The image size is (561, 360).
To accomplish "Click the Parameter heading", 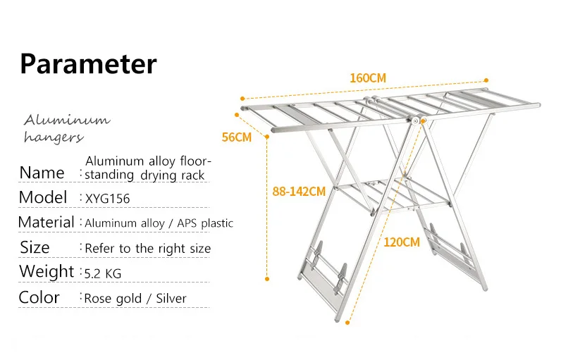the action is point(88,64).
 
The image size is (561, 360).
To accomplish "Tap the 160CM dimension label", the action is point(368,78).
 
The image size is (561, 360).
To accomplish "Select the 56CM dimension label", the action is point(237,137).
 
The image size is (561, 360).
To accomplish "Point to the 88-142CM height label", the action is point(299,192).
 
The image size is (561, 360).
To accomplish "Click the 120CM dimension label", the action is point(402,242).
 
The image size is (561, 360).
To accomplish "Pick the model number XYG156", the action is point(107,199).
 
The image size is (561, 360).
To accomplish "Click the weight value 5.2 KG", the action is point(103,274).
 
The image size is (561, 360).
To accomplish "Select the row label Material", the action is point(46,222).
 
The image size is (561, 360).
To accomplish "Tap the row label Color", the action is point(39,297).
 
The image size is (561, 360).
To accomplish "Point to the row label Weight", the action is point(47,271).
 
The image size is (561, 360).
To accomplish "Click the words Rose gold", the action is point(113,299).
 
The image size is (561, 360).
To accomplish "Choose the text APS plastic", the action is point(205,223).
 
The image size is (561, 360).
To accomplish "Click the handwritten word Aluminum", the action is point(67,120).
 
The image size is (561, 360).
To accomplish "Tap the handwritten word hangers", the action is point(54,137).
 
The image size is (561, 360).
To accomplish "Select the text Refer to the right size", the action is point(147,249).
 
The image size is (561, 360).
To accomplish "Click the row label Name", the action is point(42,173).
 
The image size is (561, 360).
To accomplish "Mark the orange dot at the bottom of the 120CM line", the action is point(347,323).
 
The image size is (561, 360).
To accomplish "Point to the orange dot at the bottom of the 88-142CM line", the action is point(267,279).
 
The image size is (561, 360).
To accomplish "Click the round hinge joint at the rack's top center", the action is point(415,121).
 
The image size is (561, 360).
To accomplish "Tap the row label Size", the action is point(35,247).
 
